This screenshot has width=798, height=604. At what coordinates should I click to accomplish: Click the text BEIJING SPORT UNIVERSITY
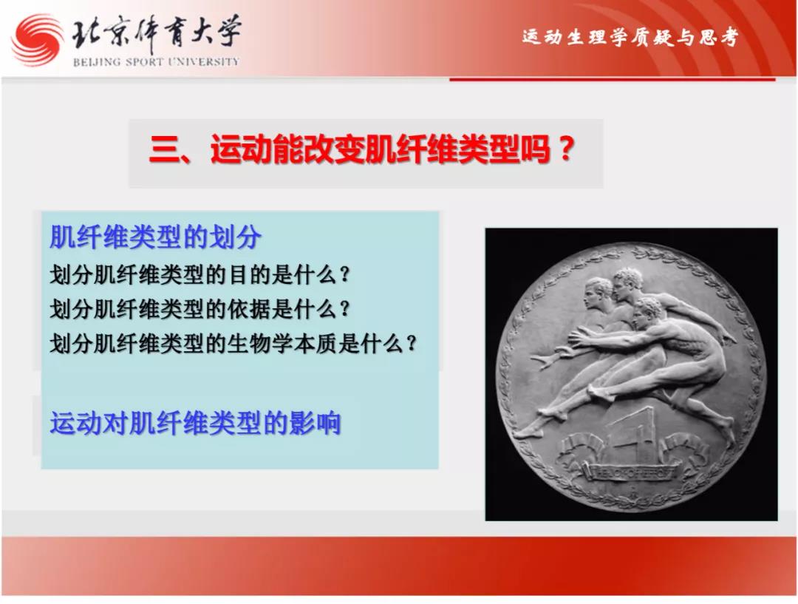[x=156, y=62]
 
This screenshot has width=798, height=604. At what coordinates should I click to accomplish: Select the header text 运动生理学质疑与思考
[x=630, y=37]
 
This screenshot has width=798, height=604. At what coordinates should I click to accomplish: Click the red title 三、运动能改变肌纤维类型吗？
[x=362, y=150]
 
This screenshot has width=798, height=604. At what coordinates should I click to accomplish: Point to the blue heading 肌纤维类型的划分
[x=155, y=237]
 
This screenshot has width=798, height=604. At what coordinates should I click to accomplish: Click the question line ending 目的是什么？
[x=200, y=275]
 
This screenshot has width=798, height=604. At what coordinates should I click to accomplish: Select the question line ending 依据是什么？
[x=200, y=308]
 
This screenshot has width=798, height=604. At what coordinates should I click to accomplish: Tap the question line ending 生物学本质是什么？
[x=233, y=343]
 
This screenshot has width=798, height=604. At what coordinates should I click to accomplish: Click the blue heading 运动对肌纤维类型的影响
[x=195, y=423]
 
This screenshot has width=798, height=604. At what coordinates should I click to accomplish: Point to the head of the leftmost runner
[x=598, y=292]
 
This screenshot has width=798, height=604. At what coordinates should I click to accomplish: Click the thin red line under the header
[x=613, y=79]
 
